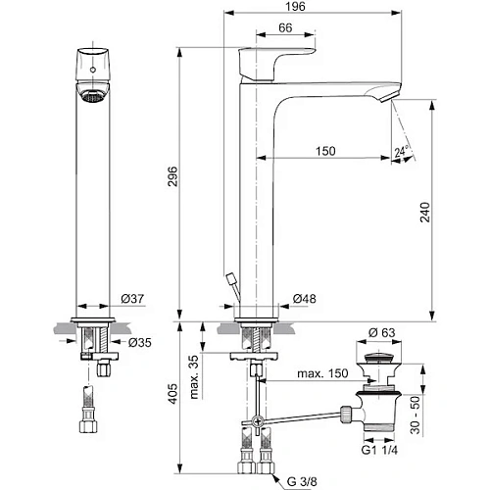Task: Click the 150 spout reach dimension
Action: (x=326, y=151)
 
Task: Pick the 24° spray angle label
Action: (x=400, y=151)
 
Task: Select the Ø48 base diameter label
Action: (x=305, y=299)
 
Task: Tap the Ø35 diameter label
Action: (x=139, y=343)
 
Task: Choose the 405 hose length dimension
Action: (x=171, y=394)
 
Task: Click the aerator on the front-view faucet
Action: (x=91, y=97)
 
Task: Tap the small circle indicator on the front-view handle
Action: (x=93, y=72)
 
